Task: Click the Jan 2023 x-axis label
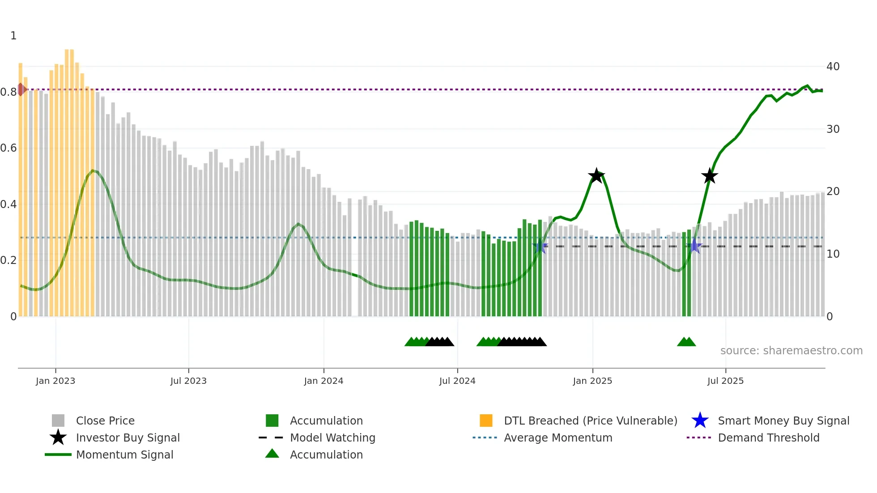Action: point(55,381)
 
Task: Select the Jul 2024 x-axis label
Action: point(457,381)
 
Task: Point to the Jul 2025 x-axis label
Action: point(725,381)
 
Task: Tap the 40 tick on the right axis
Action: point(833,67)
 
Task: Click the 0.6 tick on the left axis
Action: point(9,148)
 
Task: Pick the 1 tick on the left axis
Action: point(13,36)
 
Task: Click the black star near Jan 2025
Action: point(596,176)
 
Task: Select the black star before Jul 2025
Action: point(709,176)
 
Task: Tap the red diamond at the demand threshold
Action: point(21,89)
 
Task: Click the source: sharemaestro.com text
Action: point(791,351)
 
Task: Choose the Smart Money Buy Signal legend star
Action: point(700,421)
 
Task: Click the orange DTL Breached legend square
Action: point(486,421)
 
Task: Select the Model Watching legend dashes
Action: point(271,438)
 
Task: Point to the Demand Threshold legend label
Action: point(768,438)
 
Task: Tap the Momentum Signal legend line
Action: point(58,455)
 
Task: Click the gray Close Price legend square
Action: point(58,421)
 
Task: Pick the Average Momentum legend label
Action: point(558,438)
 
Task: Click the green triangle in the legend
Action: point(272,454)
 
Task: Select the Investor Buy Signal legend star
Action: point(58,438)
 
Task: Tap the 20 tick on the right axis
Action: point(833,191)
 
